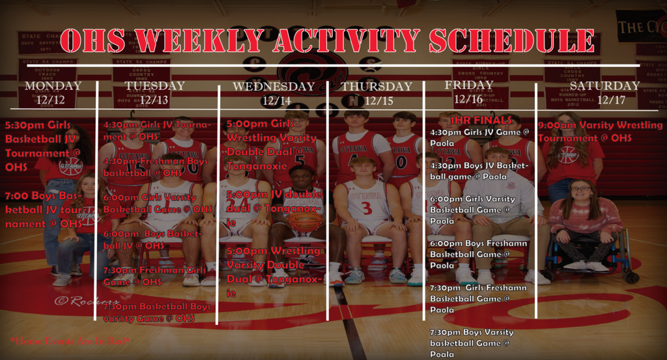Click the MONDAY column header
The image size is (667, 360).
pos(53,86)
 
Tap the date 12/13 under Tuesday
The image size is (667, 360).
pos(154,100)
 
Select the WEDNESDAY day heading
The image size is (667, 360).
pos(274,86)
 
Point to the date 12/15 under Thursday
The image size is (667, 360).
pos(378,100)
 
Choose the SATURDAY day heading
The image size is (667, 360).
pos(604,86)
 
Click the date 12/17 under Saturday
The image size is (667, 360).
pos(611,100)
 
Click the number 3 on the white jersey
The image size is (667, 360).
pos(367,208)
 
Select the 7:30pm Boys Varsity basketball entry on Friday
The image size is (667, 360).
pos(471,342)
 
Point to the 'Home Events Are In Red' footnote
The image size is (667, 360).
pos(70,340)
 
